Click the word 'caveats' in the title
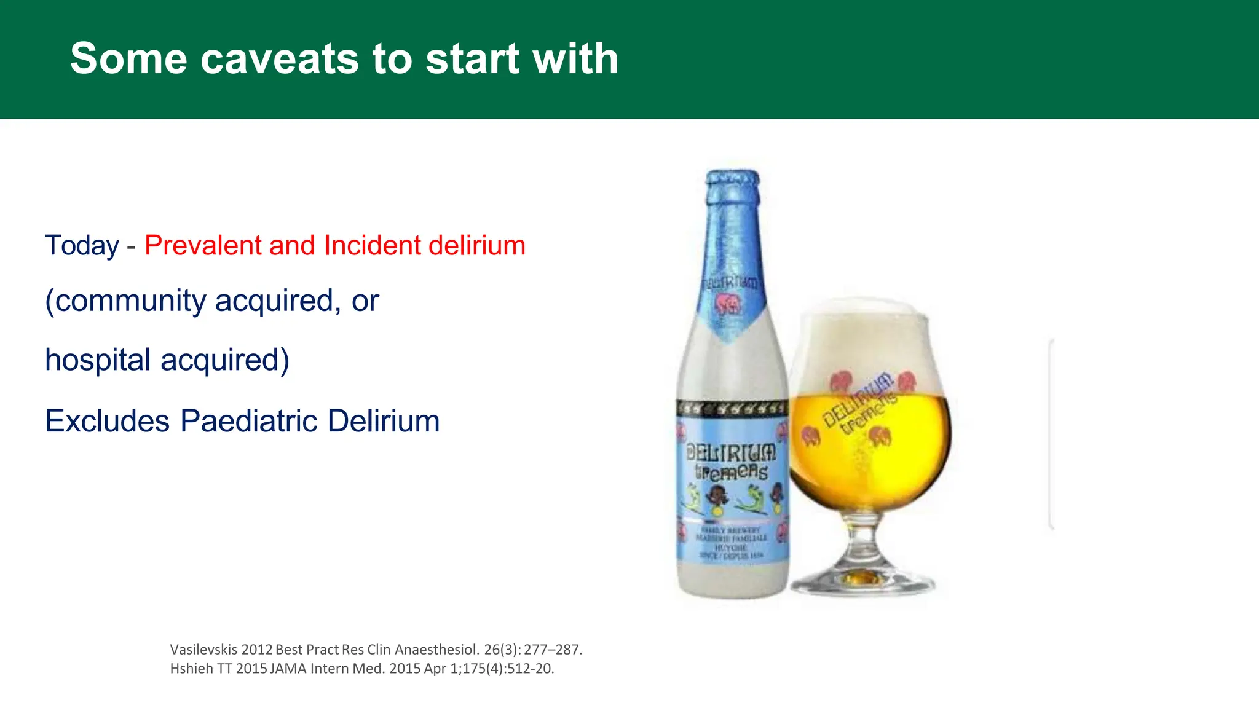tap(279, 59)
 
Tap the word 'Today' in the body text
tap(82, 245)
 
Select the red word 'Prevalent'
tap(203, 245)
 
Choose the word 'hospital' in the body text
tap(98, 360)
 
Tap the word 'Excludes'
tap(107, 421)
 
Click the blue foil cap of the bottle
tap(732, 184)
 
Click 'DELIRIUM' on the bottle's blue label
tap(731, 453)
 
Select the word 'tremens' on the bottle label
tap(731, 472)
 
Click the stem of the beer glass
tap(864, 541)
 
